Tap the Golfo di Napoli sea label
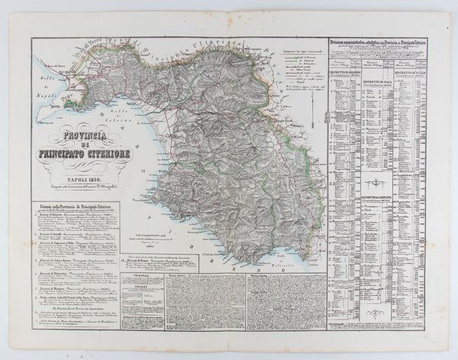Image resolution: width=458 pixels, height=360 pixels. (x=46, y=90)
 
